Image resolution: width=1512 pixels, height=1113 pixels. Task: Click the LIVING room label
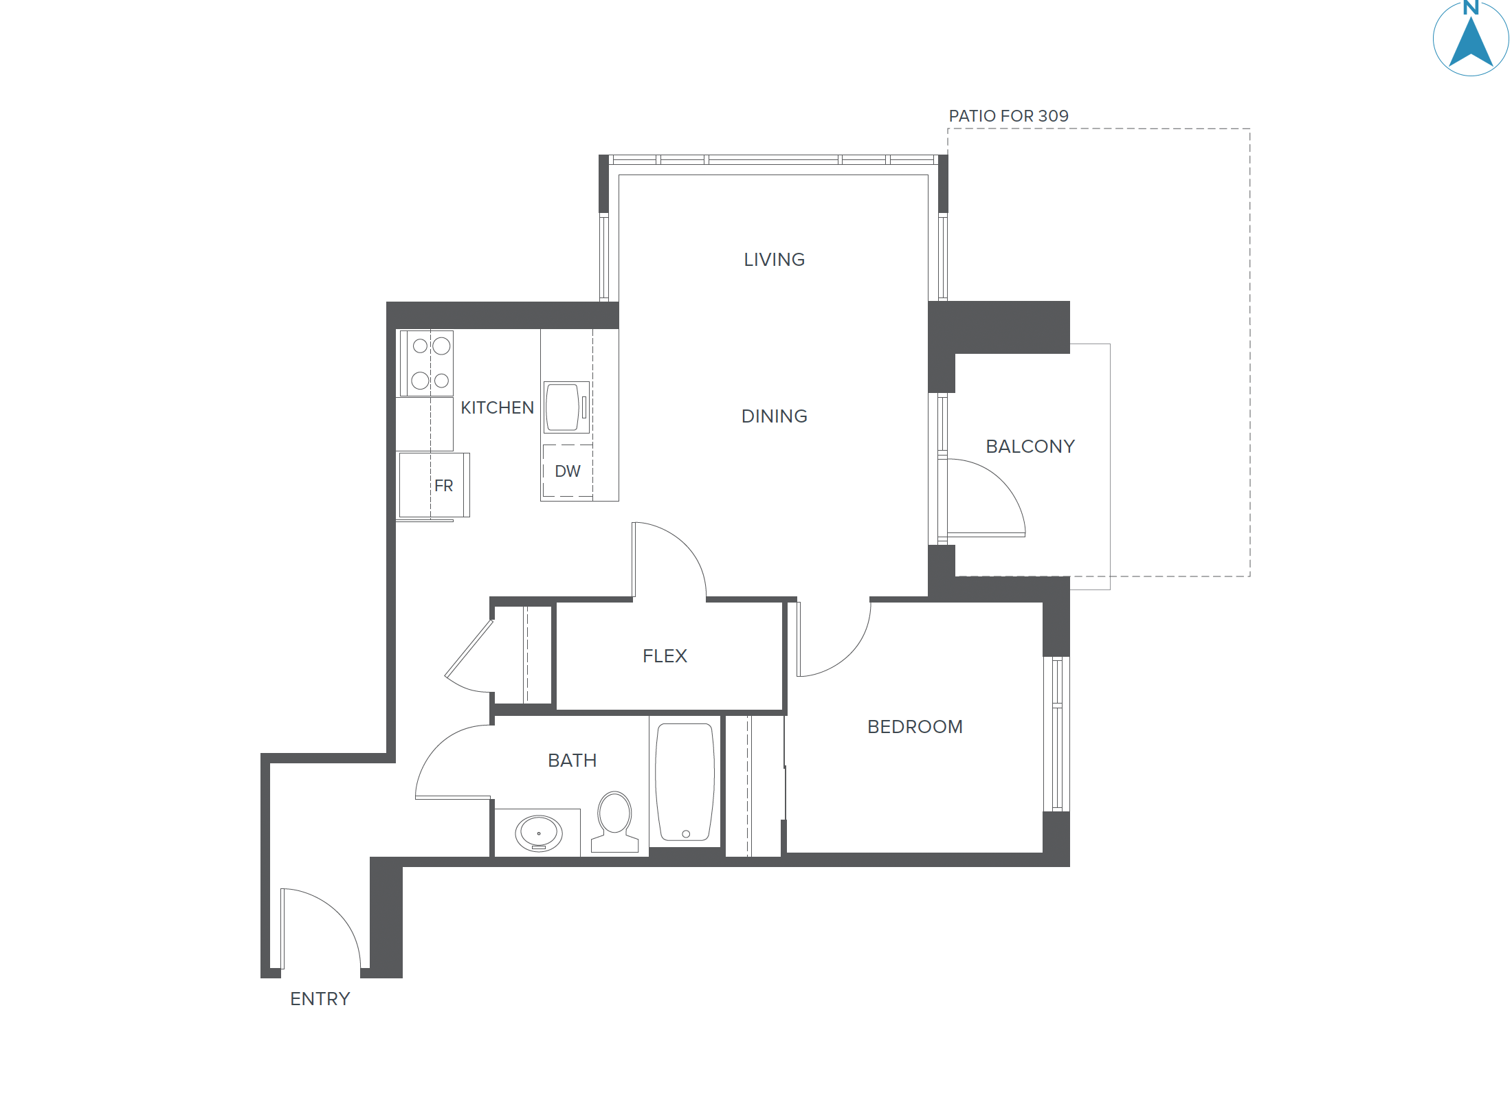(774, 260)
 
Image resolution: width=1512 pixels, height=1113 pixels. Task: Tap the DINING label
(774, 416)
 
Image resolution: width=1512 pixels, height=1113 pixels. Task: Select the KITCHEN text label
(497, 408)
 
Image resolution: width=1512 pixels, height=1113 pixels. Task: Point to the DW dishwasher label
(568, 471)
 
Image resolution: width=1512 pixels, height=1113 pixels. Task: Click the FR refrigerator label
(443, 486)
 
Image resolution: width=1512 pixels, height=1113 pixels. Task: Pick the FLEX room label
(665, 656)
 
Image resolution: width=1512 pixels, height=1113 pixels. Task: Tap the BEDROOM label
(915, 727)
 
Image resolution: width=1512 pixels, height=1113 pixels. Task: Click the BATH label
(572, 761)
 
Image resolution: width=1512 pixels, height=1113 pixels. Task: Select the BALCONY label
(1030, 447)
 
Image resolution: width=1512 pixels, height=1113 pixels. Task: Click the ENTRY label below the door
(320, 999)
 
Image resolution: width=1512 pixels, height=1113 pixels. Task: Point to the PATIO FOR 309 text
(1008, 116)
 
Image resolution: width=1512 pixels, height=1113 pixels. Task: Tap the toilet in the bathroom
(614, 821)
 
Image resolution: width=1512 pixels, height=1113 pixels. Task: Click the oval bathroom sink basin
(539, 833)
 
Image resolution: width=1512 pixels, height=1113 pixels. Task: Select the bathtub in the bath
(685, 782)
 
